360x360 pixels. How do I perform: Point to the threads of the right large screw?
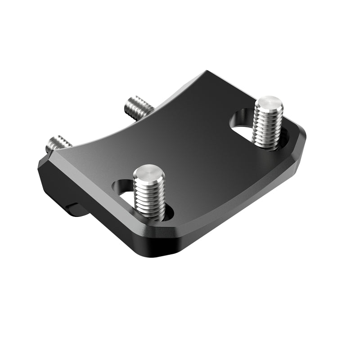point(268,128)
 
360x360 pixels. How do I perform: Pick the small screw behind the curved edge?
point(139,108)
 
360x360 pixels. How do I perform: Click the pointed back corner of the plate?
point(207,72)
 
